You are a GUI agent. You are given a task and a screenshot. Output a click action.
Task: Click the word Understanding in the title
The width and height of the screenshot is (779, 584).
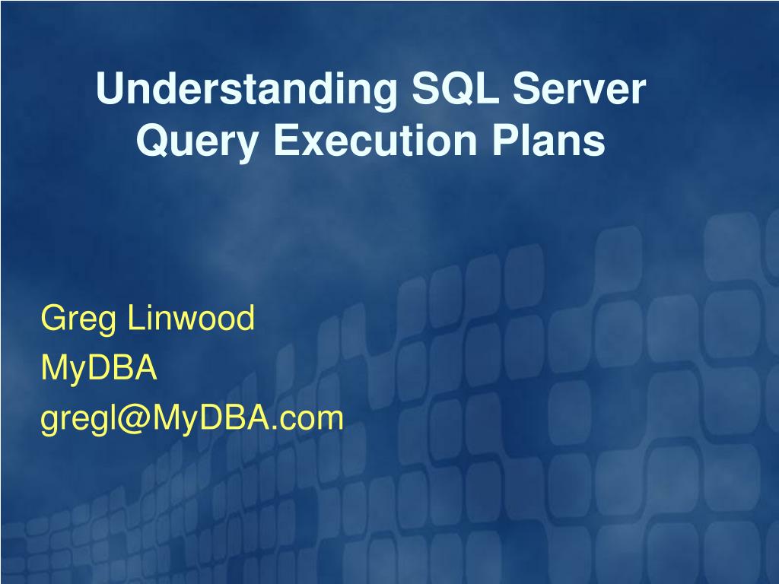click(246, 90)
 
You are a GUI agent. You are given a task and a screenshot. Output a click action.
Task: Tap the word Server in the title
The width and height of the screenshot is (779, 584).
click(579, 88)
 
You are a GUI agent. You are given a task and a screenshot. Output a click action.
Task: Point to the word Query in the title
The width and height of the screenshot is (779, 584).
click(197, 141)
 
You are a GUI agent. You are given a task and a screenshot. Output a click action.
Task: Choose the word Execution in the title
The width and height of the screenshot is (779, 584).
click(376, 139)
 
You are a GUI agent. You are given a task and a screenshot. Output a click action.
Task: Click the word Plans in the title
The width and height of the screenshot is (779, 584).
click(548, 139)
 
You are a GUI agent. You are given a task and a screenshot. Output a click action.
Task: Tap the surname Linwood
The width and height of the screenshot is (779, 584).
click(191, 317)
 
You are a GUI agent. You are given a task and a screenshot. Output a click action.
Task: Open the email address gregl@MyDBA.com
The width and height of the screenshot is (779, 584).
click(192, 420)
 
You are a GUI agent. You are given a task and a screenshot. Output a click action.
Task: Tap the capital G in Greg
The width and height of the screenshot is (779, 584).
click(54, 317)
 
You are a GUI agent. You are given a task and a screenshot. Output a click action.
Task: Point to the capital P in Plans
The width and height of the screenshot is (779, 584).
click(506, 140)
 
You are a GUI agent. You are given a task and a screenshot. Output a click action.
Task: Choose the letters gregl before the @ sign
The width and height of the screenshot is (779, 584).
click(78, 421)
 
